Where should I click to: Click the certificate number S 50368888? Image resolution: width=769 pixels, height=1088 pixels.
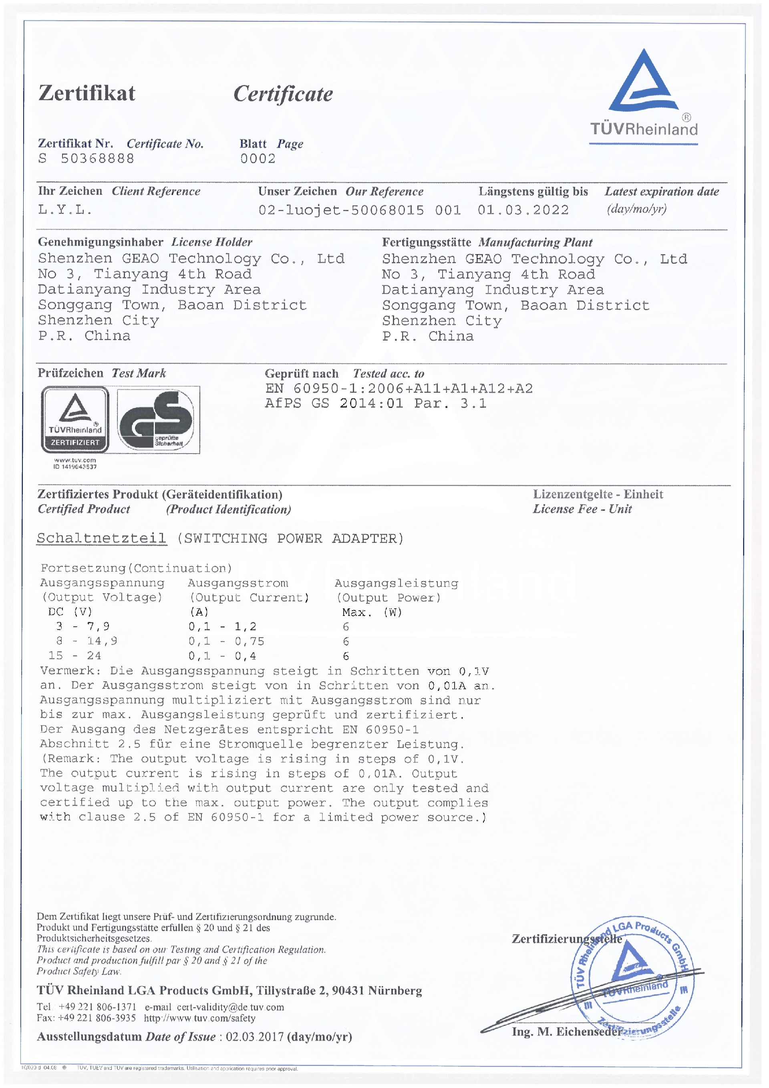click(x=86, y=159)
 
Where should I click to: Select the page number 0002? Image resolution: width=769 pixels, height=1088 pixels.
click(x=258, y=159)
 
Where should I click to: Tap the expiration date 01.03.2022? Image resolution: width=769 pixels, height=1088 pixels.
click(x=523, y=210)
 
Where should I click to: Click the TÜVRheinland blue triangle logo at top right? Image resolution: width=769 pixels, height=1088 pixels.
click(x=643, y=83)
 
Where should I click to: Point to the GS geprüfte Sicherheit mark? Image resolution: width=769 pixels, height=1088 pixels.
click(x=158, y=420)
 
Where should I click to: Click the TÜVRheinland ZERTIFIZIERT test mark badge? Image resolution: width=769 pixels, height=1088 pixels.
click(x=75, y=420)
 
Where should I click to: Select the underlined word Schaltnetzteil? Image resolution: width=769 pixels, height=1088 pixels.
click(x=101, y=539)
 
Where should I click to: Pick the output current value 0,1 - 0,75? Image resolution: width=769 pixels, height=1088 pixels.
click(x=226, y=642)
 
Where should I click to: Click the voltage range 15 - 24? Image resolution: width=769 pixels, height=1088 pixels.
click(x=75, y=656)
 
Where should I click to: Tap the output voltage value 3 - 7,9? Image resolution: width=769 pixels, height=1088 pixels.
click(x=83, y=626)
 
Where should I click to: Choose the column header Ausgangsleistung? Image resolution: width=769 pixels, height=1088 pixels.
click(x=397, y=583)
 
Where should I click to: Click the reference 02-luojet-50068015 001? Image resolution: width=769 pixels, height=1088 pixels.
click(x=359, y=210)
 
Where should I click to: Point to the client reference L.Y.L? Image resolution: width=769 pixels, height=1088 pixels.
click(x=65, y=210)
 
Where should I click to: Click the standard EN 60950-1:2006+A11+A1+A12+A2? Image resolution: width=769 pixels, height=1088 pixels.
click(x=399, y=389)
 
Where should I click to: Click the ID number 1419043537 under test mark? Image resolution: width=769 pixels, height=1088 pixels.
click(x=79, y=467)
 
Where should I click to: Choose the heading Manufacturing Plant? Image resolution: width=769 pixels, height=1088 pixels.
click(x=535, y=242)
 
